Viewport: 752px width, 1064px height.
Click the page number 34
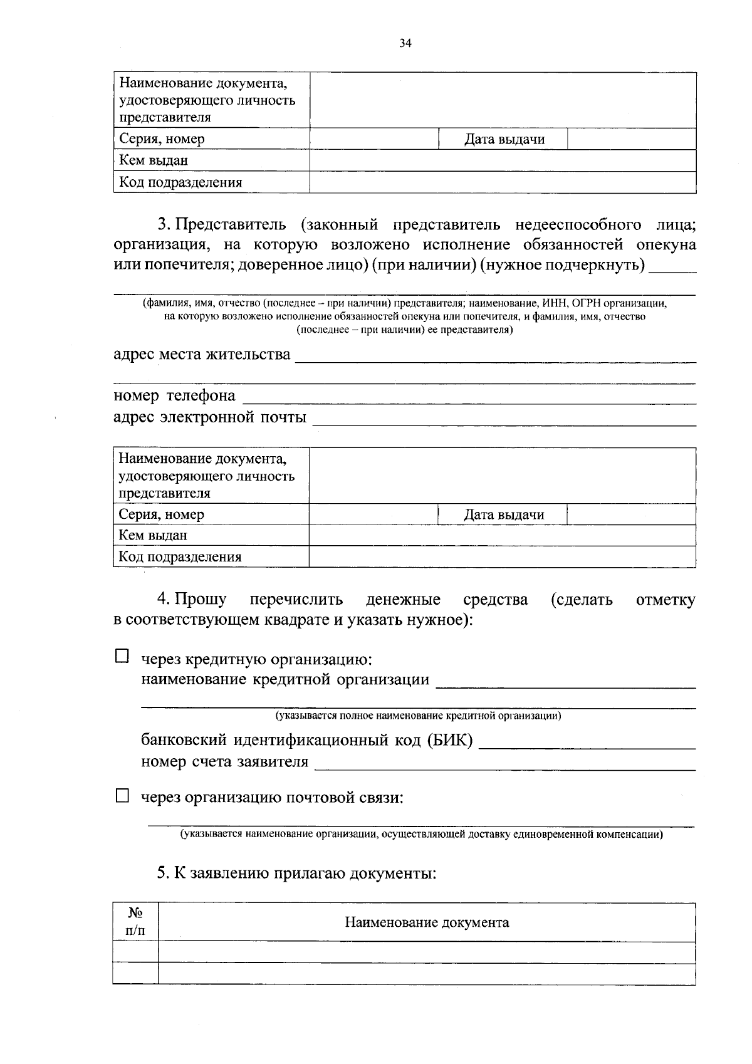[x=405, y=43]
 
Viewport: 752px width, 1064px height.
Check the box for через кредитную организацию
[x=122, y=656]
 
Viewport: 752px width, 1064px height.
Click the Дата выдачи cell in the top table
[x=504, y=139]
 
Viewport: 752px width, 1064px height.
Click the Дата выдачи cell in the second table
[x=503, y=514]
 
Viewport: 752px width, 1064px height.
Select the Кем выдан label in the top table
[x=154, y=160]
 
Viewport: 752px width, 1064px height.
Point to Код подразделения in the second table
[x=180, y=556]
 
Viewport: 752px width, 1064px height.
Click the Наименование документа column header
[x=426, y=922]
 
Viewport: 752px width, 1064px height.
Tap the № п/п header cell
[x=135, y=922]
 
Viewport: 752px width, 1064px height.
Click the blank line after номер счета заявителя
[x=504, y=764]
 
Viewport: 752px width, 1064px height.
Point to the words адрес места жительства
[x=202, y=354]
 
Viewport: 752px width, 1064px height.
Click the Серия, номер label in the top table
[x=162, y=139]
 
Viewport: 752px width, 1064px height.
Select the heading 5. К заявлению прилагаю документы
[x=296, y=872]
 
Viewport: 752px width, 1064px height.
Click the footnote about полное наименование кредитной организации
[x=418, y=715]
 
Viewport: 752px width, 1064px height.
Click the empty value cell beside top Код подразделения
[x=503, y=182]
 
